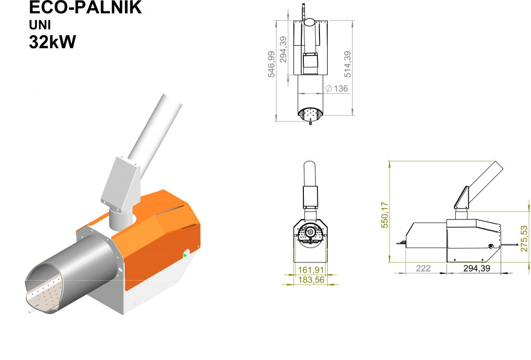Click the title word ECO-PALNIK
click(86, 7)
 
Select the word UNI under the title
click(40, 25)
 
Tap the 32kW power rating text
click(52, 42)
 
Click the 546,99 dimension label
click(271, 64)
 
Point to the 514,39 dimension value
click(347, 64)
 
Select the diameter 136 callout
click(337, 88)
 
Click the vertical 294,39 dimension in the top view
click(283, 49)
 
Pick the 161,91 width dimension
click(311, 270)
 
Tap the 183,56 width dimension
click(311, 280)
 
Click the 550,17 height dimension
click(385, 215)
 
